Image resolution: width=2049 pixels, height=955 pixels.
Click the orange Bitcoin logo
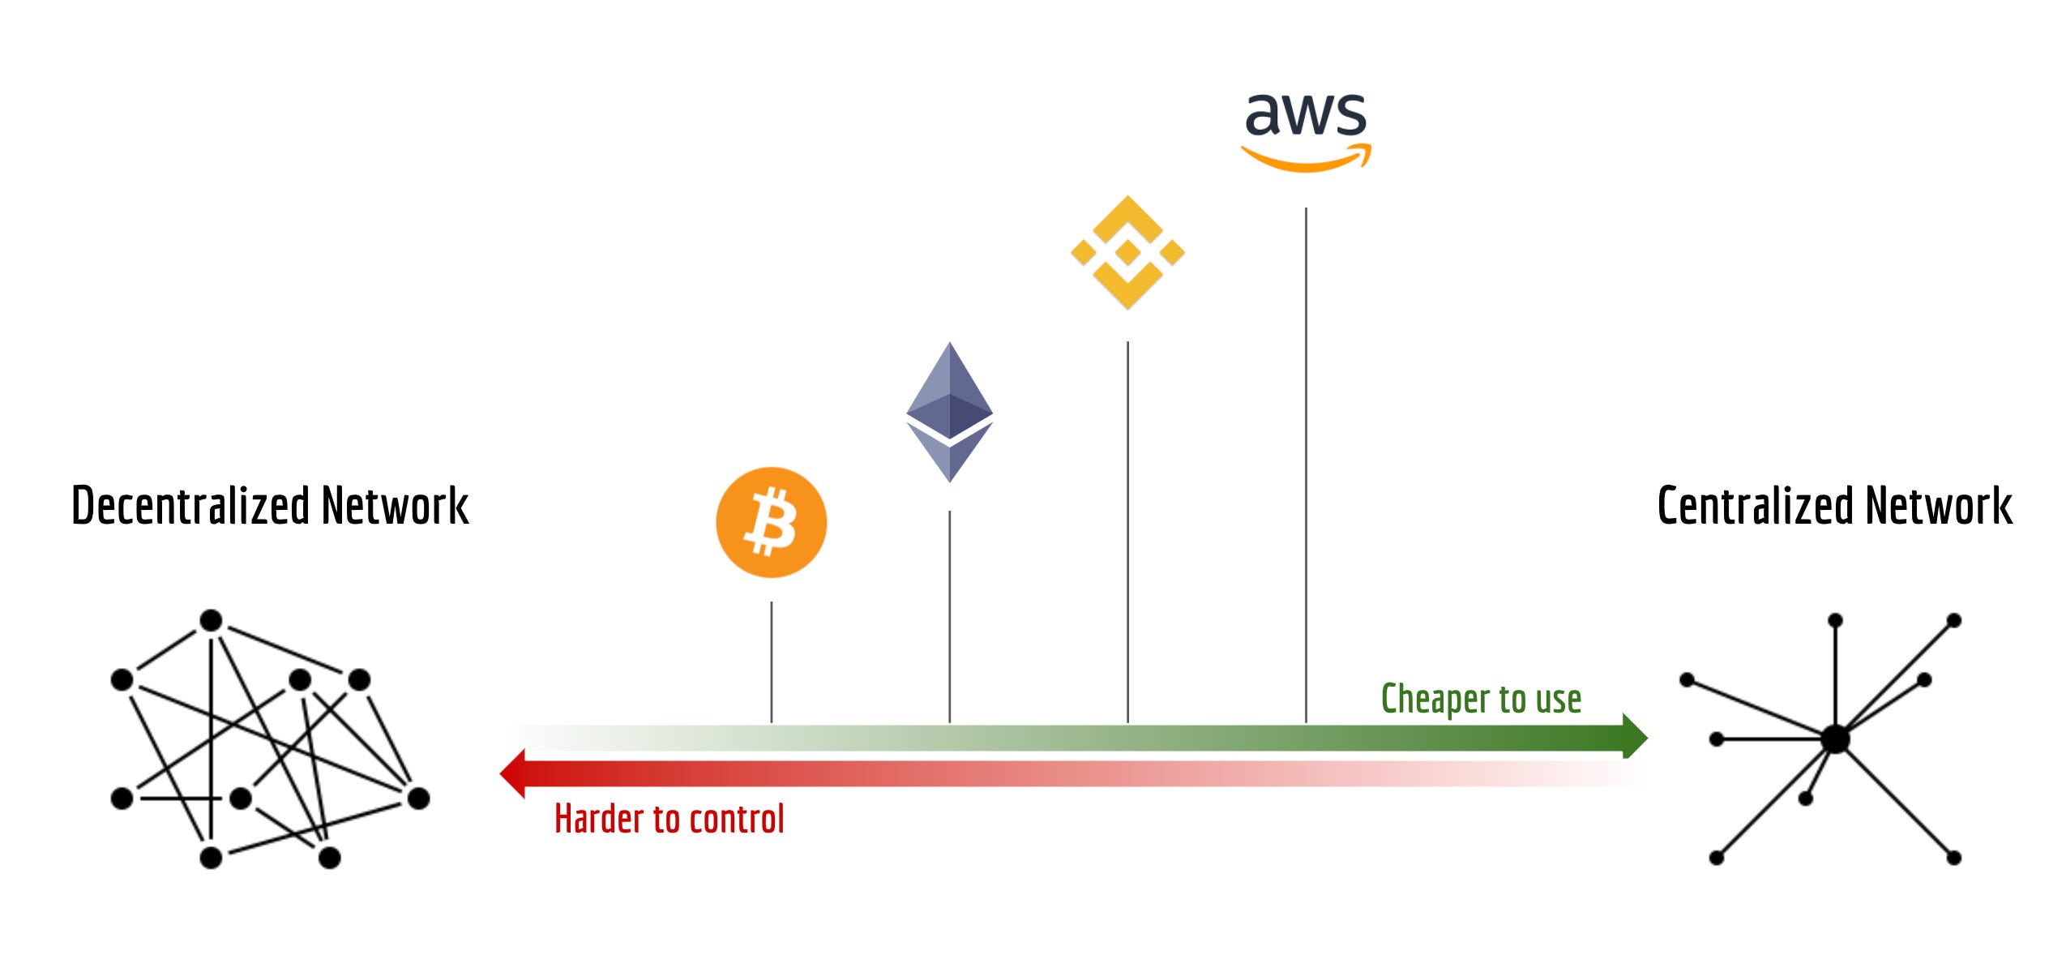[771, 522]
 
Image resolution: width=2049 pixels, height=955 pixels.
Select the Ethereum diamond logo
[949, 412]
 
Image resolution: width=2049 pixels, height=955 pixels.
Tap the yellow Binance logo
[1127, 252]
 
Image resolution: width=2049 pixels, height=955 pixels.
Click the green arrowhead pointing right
[1634, 736]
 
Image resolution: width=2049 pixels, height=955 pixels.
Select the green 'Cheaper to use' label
[1481, 699]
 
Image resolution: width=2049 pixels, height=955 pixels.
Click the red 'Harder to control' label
[669, 819]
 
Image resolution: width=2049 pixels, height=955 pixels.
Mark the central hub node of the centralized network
[1835, 739]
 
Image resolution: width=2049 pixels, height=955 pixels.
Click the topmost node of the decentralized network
[211, 621]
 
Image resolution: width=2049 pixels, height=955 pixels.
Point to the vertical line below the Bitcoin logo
[772, 662]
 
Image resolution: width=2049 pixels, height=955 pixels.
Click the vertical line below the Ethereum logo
[949, 616]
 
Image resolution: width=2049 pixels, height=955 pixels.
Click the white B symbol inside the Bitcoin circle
[771, 522]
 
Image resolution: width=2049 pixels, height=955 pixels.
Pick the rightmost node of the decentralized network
[418, 799]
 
